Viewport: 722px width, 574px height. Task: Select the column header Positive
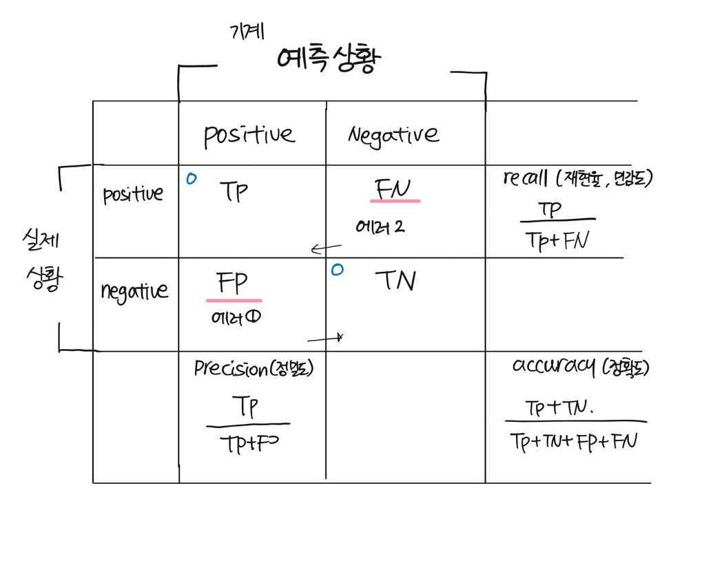pyautogui.click(x=249, y=135)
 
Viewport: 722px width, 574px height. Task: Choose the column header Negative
pyautogui.click(x=393, y=134)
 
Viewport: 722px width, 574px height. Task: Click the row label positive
pyautogui.click(x=133, y=195)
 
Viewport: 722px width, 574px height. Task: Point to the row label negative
pyautogui.click(x=134, y=291)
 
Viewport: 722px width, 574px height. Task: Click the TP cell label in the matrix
pyautogui.click(x=234, y=191)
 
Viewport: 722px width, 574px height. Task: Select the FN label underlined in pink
pyautogui.click(x=394, y=189)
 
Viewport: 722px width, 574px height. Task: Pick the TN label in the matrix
pyautogui.click(x=395, y=280)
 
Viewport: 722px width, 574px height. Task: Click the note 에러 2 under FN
pyautogui.click(x=380, y=226)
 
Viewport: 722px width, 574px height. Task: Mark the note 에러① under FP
pyautogui.click(x=235, y=318)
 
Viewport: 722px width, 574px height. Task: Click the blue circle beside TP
pyautogui.click(x=191, y=179)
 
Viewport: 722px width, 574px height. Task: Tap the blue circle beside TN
pyautogui.click(x=336, y=270)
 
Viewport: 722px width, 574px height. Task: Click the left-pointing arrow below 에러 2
pyautogui.click(x=326, y=248)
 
